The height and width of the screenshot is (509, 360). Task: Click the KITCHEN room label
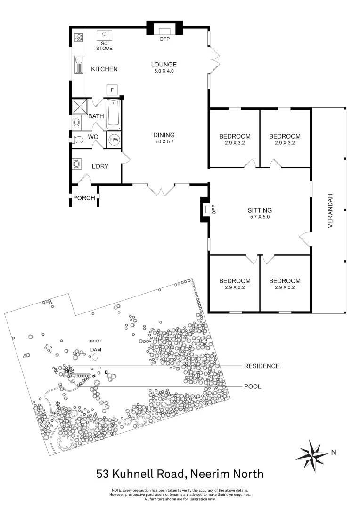(104, 69)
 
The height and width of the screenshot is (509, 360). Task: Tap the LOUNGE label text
(164, 65)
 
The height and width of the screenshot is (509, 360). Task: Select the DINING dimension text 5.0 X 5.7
(164, 141)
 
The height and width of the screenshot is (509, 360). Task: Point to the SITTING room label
(260, 211)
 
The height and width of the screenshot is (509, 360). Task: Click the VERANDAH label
(330, 211)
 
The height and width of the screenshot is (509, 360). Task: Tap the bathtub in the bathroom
(114, 114)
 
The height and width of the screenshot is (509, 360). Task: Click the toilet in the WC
(78, 139)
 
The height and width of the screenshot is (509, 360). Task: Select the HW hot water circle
(114, 140)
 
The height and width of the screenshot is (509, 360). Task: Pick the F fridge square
(112, 90)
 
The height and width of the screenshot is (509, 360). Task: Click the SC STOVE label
(104, 46)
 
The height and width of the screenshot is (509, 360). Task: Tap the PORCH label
(84, 198)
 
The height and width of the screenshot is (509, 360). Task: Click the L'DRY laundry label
(100, 166)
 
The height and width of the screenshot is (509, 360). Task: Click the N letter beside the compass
(334, 452)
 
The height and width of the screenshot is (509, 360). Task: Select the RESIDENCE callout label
(262, 366)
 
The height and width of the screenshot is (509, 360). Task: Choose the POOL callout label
(252, 386)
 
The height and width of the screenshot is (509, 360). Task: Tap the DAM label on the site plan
(96, 350)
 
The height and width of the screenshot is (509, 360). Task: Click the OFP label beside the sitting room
(213, 209)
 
